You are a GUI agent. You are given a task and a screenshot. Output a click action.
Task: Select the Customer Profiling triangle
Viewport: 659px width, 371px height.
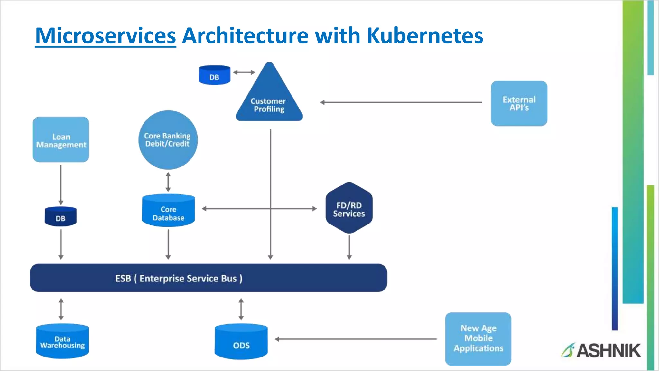point(269,100)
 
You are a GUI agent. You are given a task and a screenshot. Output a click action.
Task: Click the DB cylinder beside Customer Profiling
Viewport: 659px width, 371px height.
point(214,75)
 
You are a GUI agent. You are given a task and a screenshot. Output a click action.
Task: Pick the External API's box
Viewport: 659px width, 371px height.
point(519,103)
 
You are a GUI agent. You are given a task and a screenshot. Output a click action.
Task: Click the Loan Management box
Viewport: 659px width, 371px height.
point(61,140)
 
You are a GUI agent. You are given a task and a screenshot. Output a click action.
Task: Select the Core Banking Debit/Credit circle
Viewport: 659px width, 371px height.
point(168,140)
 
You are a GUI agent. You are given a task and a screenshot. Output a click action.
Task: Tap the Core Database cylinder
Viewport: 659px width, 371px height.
point(168,211)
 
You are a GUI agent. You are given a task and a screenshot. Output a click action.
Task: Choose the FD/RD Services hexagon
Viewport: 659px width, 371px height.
point(349,208)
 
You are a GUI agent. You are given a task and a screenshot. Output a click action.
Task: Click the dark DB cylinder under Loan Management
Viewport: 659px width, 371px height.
point(60,217)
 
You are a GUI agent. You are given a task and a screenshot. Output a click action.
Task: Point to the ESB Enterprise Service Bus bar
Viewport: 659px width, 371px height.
point(208,278)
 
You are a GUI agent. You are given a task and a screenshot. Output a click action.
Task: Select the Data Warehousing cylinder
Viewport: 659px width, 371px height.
point(62,341)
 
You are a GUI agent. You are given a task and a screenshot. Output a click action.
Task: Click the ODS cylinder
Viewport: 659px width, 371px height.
point(241,342)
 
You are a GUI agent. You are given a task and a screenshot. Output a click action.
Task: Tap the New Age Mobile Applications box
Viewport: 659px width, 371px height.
point(478,338)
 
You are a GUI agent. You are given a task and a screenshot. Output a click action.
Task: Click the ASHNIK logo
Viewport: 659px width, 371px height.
point(601,350)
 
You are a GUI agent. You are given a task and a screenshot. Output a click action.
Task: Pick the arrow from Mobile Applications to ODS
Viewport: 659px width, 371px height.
point(356,339)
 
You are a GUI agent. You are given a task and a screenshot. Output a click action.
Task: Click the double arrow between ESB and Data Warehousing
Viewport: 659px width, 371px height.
point(61,309)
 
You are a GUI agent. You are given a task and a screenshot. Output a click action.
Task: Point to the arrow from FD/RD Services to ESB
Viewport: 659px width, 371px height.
point(349,247)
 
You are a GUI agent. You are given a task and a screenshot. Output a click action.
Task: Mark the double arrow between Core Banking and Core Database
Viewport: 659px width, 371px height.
point(168,182)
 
